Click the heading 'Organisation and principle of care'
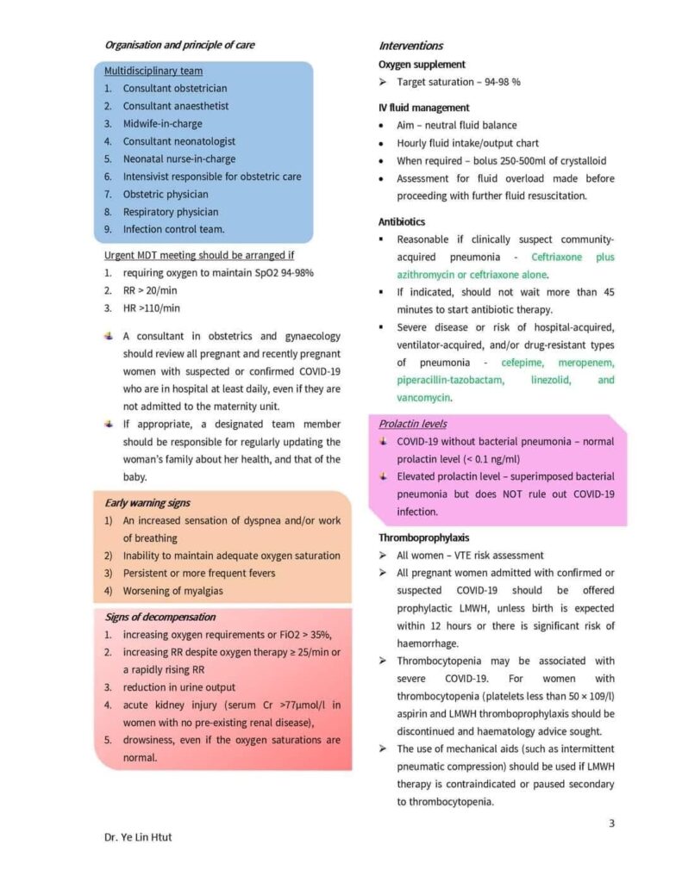click(179, 45)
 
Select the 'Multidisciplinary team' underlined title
click(153, 71)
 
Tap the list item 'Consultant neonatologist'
click(178, 141)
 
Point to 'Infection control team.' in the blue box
click(173, 229)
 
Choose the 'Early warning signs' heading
click(147, 503)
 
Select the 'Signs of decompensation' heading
click(160, 617)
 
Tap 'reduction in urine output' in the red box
click(179, 687)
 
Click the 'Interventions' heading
click(411, 46)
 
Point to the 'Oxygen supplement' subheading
click(422, 64)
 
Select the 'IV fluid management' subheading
click(423, 108)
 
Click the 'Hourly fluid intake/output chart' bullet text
click(468, 143)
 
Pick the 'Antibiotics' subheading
click(401, 221)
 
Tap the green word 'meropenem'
click(585, 363)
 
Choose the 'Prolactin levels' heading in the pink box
click(416, 424)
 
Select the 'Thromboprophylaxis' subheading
click(423, 537)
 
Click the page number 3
click(611, 823)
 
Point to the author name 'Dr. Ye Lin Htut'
click(138, 837)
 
